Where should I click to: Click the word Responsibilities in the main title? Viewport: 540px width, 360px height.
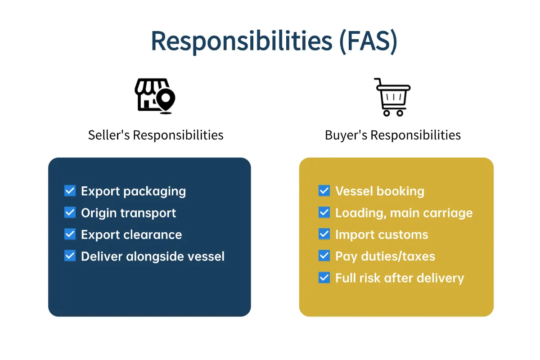(x=242, y=41)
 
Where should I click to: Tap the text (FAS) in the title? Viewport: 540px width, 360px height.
(x=368, y=41)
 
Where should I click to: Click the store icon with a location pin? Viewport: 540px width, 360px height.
(x=155, y=96)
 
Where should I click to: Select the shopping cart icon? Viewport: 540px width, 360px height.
(x=392, y=97)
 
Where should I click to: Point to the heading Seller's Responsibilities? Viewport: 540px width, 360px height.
(x=156, y=135)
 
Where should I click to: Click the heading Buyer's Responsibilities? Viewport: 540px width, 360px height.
(x=393, y=135)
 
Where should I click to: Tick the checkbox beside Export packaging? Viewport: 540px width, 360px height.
(x=70, y=191)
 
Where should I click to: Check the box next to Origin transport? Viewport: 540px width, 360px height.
(x=70, y=212)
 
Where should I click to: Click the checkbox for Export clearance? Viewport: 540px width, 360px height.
(x=70, y=234)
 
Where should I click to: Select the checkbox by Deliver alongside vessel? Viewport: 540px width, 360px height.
(x=70, y=256)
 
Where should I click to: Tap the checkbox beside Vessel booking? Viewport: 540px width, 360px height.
(x=324, y=191)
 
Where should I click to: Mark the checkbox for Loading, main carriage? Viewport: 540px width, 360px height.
(x=324, y=212)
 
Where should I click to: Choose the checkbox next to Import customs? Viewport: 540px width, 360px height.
(x=324, y=234)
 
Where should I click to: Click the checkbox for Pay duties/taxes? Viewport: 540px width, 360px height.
(x=324, y=256)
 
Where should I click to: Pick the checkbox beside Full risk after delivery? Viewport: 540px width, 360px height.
(x=324, y=278)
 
